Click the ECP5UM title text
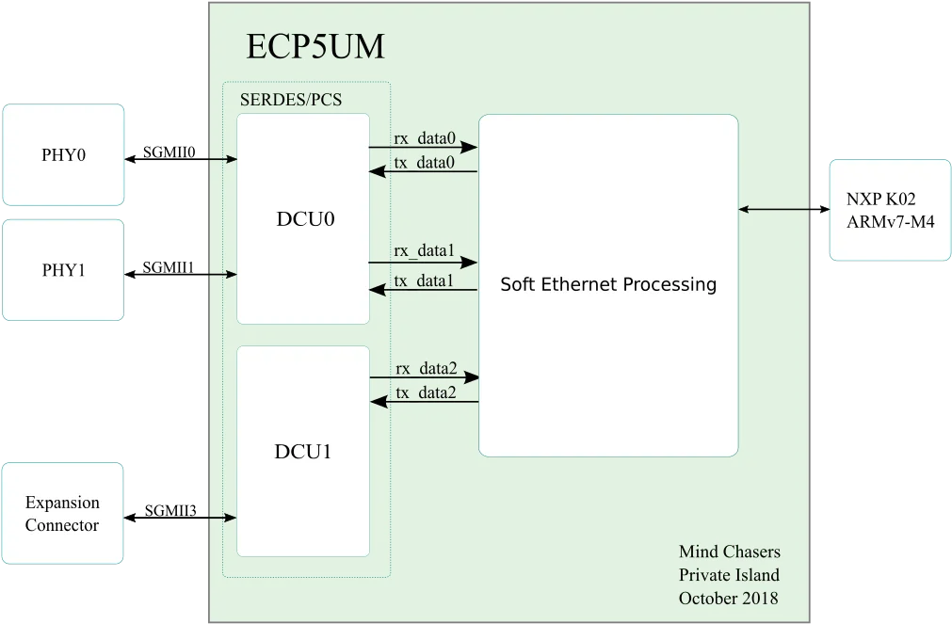[315, 46]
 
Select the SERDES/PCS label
[291, 100]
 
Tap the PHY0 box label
[63, 154]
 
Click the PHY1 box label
[63, 270]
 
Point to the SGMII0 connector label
[169, 152]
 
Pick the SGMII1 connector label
[169, 267]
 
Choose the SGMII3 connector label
[170, 510]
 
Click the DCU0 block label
[305, 218]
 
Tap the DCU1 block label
[303, 452]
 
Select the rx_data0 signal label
[425, 138]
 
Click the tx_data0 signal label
[424, 163]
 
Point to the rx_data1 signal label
[424, 250]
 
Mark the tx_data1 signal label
[423, 280]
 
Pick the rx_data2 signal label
[427, 368]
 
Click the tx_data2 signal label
[426, 392]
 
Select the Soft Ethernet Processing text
[608, 284]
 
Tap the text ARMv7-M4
[890, 222]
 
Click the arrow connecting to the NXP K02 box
[783, 210]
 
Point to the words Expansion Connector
[62, 514]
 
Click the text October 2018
[729, 599]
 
